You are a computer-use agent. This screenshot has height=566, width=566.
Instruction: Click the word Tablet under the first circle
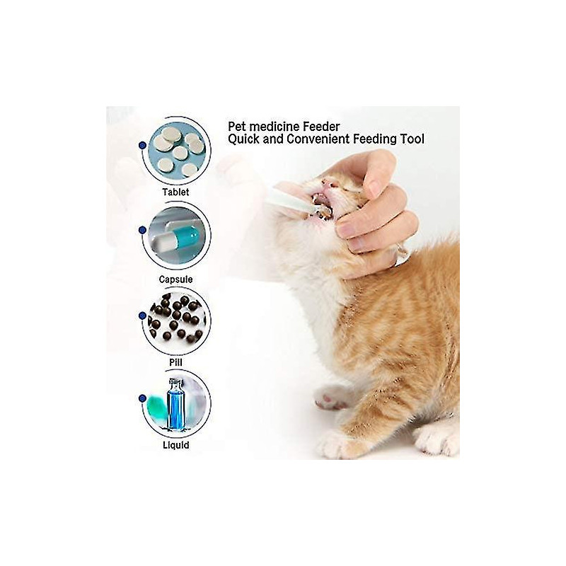point(175,191)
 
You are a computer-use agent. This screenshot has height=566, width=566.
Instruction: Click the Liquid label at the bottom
point(175,446)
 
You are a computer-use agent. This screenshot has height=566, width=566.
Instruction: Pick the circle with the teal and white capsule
point(177,236)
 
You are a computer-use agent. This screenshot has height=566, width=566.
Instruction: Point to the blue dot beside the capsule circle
point(143,230)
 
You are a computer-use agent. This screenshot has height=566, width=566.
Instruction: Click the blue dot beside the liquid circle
point(143,398)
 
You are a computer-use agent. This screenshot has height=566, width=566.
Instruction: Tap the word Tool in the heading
point(412,139)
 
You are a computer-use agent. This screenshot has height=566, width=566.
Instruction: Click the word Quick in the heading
point(244,139)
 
